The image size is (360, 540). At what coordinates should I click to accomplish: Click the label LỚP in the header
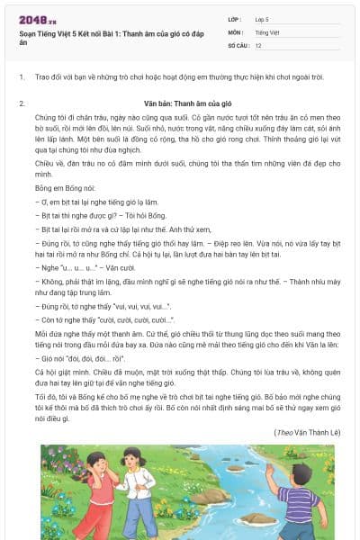(x=235, y=18)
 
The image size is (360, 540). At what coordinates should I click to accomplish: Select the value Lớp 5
(x=263, y=18)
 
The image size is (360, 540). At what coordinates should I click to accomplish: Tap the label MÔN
(x=236, y=31)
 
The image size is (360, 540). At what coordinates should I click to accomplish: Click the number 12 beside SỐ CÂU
(x=259, y=45)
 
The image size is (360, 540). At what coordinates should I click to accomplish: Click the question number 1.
(x=22, y=77)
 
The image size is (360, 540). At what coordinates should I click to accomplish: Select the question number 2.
(x=22, y=103)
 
